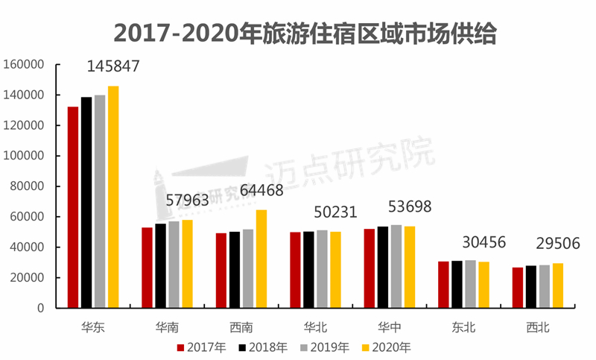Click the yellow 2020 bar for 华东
(x=113, y=197)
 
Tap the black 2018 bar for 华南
(x=160, y=265)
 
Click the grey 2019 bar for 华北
(x=322, y=269)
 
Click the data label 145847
(x=113, y=66)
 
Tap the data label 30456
(x=479, y=243)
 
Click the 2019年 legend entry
(x=325, y=347)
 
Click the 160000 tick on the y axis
(x=25, y=65)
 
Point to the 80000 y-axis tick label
(x=28, y=186)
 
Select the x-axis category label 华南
(x=167, y=326)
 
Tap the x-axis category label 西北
(x=538, y=326)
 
